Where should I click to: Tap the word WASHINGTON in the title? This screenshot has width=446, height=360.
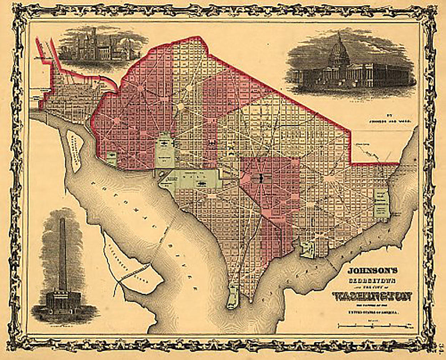click(373, 296)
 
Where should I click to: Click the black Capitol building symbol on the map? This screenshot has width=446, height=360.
click(261, 178)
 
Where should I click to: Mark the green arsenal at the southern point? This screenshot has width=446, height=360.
click(233, 296)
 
